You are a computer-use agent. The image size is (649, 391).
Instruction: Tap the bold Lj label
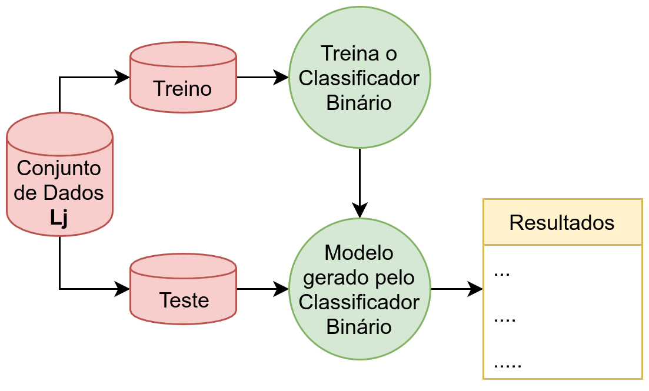point(59,218)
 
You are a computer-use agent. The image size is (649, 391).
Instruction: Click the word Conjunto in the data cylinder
point(59,168)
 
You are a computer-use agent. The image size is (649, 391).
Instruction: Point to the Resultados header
point(562,222)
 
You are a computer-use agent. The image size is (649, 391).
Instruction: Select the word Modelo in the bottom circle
point(359,253)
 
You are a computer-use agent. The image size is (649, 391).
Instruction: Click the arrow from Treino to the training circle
point(262,77)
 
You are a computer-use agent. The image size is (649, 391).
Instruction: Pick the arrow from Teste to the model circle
point(262,289)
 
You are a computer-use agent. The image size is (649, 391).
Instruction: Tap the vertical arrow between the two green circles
point(360,182)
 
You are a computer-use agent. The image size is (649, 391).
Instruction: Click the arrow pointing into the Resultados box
point(457,289)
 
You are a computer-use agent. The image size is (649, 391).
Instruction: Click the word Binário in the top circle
point(359,103)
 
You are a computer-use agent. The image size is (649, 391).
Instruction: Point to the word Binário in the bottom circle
point(359,326)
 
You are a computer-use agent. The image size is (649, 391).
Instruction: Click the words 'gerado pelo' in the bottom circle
point(359,278)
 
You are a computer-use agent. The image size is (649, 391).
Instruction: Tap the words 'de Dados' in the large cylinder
point(59,193)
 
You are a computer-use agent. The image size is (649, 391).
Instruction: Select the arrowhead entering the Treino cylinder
point(122,77)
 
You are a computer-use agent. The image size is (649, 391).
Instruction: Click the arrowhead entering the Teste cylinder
point(122,289)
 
